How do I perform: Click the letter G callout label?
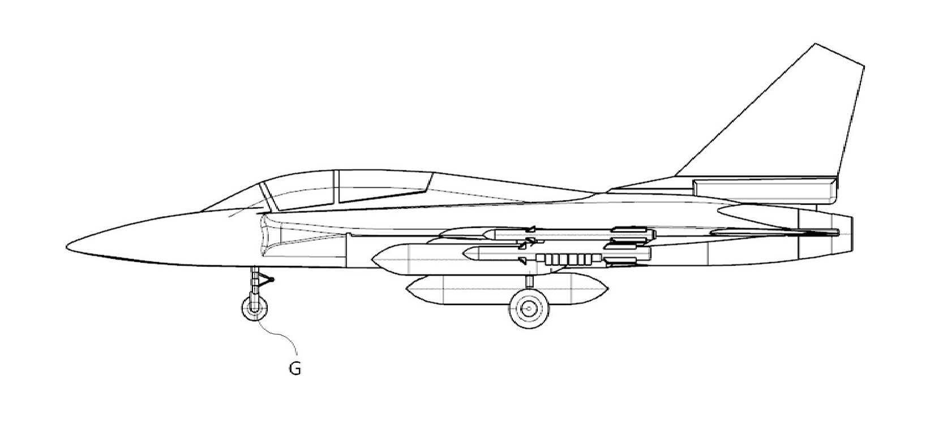tap(294, 368)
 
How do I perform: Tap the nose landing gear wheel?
tap(255, 308)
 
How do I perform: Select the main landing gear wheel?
tap(529, 308)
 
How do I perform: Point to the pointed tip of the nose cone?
tap(67, 247)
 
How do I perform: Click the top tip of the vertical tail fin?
tap(816, 44)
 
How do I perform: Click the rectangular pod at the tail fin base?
tap(765, 191)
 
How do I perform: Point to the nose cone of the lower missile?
tap(470, 253)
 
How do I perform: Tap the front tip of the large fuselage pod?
tap(372, 259)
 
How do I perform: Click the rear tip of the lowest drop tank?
tap(607, 289)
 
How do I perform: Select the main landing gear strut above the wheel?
tap(529, 282)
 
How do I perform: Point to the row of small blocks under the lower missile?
tap(568, 259)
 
